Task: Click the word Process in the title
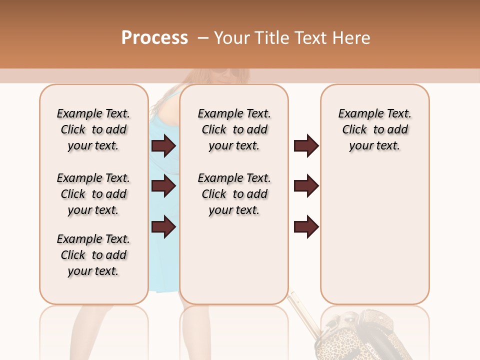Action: (x=154, y=38)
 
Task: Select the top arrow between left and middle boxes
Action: (x=164, y=146)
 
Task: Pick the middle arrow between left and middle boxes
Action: (x=164, y=186)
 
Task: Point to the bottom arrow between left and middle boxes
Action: (x=164, y=227)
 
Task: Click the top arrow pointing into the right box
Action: (x=306, y=146)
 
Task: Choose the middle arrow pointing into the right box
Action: (x=306, y=186)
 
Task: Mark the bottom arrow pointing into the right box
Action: (x=306, y=227)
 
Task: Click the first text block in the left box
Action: (x=93, y=129)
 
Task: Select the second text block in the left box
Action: (x=93, y=194)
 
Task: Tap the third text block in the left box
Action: (x=93, y=255)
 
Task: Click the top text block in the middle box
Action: (x=234, y=129)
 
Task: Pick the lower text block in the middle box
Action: (x=234, y=194)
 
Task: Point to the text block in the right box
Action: (x=374, y=129)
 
